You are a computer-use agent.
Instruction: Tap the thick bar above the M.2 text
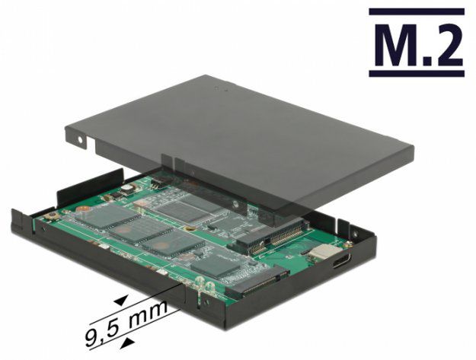click(x=417, y=12)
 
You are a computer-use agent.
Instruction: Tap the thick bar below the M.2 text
click(x=417, y=73)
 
